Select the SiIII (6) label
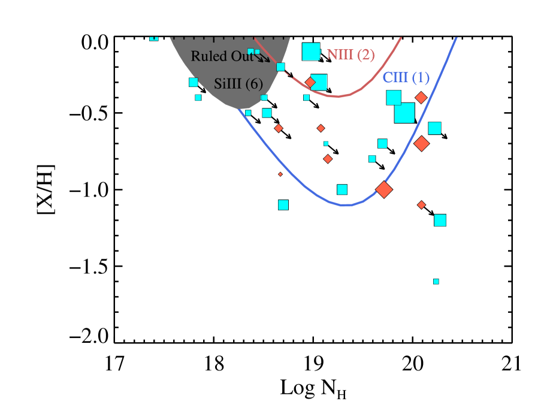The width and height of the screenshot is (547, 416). pyautogui.click(x=238, y=84)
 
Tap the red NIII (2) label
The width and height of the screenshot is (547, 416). pyautogui.click(x=350, y=55)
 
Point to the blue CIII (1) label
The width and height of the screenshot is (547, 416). pyautogui.click(x=406, y=78)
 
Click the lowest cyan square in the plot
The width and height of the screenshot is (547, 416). pyautogui.click(x=436, y=281)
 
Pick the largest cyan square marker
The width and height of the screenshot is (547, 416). pyautogui.click(x=404, y=113)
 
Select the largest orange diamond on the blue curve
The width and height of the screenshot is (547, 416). pyautogui.click(x=383, y=189)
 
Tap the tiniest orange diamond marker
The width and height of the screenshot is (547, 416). pyautogui.click(x=280, y=174)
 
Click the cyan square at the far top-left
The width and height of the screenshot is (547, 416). pyautogui.click(x=153, y=38)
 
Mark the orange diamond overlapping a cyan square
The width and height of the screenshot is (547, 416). pyautogui.click(x=310, y=82)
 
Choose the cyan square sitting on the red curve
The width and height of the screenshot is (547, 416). pyautogui.click(x=280, y=67)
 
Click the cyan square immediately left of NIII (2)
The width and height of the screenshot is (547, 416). pyautogui.click(x=311, y=52)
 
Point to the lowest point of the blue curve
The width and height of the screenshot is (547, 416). pyautogui.click(x=346, y=206)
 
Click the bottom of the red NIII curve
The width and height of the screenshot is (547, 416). pyautogui.click(x=337, y=97)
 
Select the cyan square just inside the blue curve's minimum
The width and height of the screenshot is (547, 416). pyautogui.click(x=342, y=189)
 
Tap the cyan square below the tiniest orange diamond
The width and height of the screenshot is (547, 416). pyautogui.click(x=283, y=205)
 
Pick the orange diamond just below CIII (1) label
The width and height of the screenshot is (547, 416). pyautogui.click(x=421, y=97)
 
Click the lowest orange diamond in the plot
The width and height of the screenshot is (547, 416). pyautogui.click(x=421, y=205)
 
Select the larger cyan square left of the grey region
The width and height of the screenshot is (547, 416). pyautogui.click(x=193, y=82)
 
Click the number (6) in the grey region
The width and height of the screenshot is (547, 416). pyautogui.click(x=254, y=84)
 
